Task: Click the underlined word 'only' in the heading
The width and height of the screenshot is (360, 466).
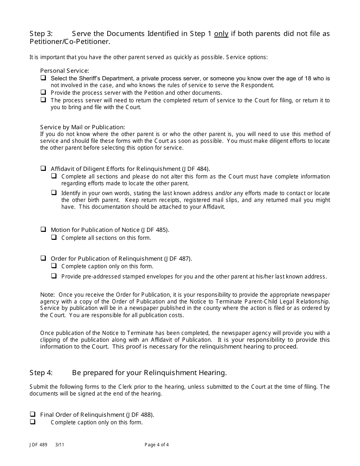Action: [221, 34]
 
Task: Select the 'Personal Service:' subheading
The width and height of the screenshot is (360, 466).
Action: [64, 71]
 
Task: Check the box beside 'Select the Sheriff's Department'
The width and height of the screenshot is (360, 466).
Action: [43, 78]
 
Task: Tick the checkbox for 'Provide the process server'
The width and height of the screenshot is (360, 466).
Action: [43, 92]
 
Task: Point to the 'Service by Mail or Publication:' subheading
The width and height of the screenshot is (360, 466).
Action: [82, 127]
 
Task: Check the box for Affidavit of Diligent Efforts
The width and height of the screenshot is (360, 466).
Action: [43, 168]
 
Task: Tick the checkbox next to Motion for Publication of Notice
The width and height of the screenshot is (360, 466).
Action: [43, 229]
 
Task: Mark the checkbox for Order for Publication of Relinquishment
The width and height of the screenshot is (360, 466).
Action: [43, 258]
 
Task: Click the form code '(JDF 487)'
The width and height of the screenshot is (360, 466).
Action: [178, 259]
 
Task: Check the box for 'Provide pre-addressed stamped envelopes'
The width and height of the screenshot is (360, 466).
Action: [54, 276]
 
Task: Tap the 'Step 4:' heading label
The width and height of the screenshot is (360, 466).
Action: [41, 373]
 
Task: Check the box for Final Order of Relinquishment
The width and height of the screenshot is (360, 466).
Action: [33, 414]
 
